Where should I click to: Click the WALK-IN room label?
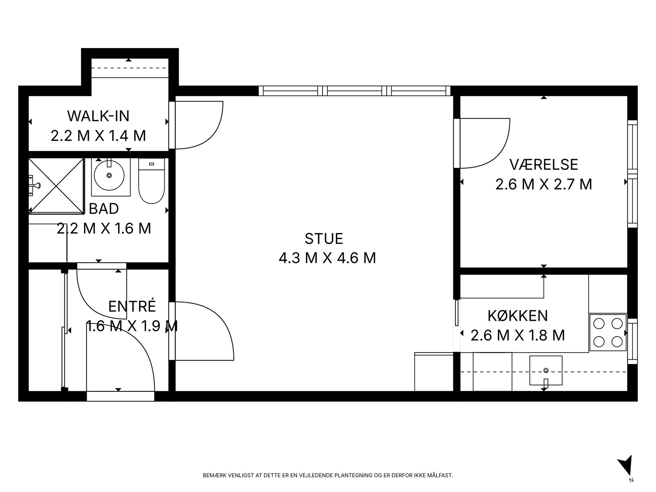98,116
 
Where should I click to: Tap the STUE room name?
324,239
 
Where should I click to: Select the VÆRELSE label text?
544,165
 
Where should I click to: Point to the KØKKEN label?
518,316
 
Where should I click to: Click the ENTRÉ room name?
132,306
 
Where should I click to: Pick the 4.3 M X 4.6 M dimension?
327,258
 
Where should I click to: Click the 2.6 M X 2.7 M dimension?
544,184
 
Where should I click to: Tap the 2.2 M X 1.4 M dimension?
98,136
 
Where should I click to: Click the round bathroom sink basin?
109,175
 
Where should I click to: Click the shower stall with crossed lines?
56,185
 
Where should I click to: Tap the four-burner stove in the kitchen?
608,332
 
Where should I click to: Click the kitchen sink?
546,370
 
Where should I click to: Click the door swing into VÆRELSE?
482,143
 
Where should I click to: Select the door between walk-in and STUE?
196,125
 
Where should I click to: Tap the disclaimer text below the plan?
328,475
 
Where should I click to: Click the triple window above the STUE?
354,91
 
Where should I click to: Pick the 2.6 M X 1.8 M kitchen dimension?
518,335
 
